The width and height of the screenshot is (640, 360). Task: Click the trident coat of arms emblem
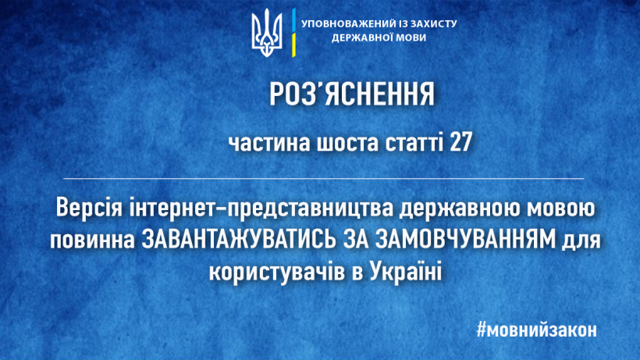pyautogui.click(x=266, y=33)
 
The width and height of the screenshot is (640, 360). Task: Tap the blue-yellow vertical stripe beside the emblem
pyautogui.click(x=293, y=33)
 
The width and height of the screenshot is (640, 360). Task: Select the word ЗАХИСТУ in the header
pyautogui.click(x=436, y=23)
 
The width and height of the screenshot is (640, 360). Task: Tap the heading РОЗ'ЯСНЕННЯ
pyautogui.click(x=352, y=94)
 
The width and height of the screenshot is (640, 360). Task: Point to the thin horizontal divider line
pyautogui.click(x=324, y=179)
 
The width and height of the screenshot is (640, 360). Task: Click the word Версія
pyautogui.click(x=89, y=208)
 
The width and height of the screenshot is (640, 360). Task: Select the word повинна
pyautogui.click(x=92, y=240)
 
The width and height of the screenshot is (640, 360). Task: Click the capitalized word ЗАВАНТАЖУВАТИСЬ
pyautogui.click(x=239, y=239)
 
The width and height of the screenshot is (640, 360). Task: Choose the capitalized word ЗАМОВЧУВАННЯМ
pyautogui.click(x=466, y=239)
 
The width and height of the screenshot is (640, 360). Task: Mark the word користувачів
pyautogui.click(x=277, y=273)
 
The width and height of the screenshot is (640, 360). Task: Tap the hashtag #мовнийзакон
pyautogui.click(x=537, y=330)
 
